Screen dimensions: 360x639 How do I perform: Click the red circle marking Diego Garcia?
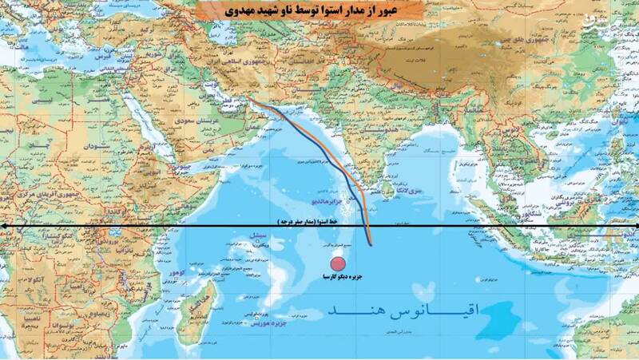point(338,264)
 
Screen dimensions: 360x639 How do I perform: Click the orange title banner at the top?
point(319,12)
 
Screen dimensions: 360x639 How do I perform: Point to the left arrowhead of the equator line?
point(4,227)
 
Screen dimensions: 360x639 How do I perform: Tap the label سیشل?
point(257,236)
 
